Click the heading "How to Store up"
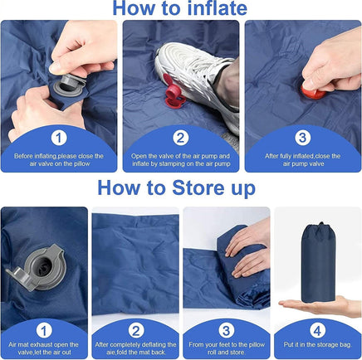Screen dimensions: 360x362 180,188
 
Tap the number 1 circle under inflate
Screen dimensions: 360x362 59,137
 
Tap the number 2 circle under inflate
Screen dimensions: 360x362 181,137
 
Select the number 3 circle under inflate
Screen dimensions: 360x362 302,137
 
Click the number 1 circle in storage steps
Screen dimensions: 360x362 46,329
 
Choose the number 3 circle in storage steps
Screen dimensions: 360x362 226,329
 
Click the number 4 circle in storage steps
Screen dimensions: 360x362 316,329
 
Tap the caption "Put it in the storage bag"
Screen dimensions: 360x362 316,344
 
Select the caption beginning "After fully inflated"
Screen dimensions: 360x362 302,158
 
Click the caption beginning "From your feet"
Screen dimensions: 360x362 226,348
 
